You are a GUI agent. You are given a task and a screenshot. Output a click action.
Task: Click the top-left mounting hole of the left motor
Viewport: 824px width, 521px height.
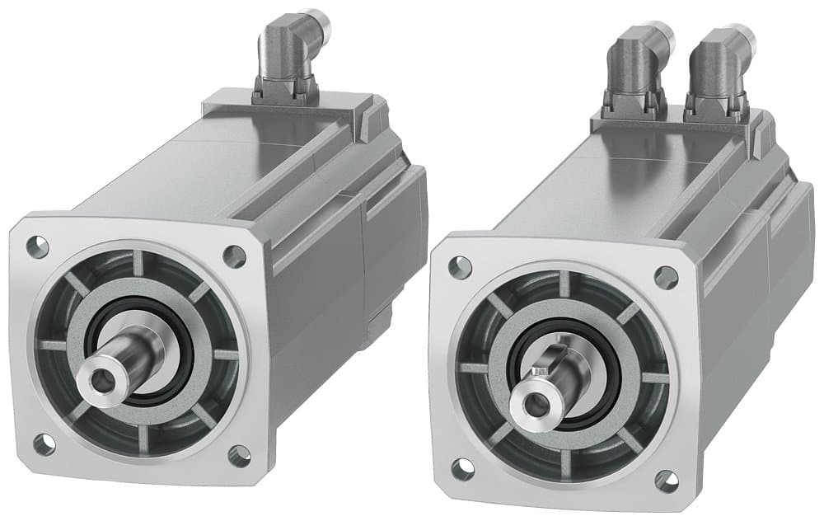tap(37, 246)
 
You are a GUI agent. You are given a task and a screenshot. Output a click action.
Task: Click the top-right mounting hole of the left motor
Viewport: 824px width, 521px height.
tap(235, 257)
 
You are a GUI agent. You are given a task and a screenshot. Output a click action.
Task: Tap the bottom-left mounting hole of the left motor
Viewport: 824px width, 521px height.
tap(44, 445)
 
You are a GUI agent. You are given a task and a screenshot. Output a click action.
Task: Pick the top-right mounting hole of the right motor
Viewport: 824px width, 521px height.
tap(666, 277)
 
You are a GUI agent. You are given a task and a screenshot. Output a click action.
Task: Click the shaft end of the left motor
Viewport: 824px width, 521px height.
tap(102, 380)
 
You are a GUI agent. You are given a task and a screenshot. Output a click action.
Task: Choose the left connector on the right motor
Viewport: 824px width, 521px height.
tap(633, 70)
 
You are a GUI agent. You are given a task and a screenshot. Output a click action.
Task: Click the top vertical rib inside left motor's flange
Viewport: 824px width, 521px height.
tap(138, 264)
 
